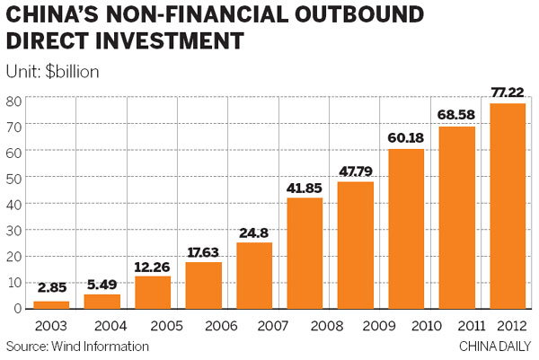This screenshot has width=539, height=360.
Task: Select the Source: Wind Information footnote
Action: (77, 346)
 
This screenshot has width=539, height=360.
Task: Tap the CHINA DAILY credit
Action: (496, 346)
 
